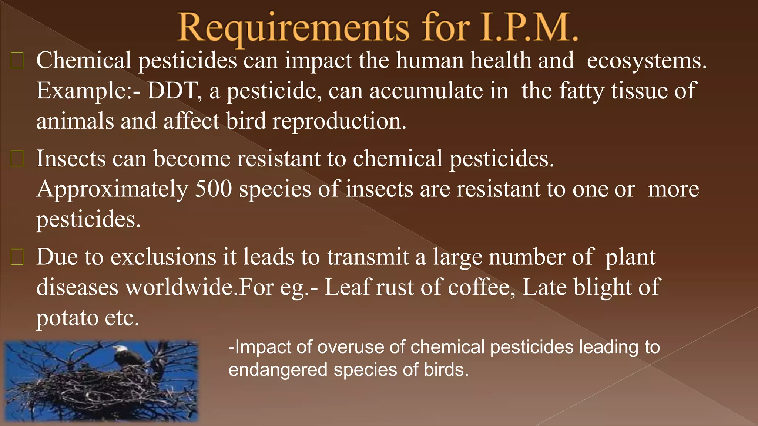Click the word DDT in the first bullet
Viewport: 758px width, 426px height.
(172, 91)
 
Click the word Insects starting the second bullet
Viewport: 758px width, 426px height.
(71, 159)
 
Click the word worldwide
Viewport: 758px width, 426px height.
(182, 287)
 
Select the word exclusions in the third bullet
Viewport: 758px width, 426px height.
(163, 257)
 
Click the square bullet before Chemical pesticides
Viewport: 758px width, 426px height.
(17, 61)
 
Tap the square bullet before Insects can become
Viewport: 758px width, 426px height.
(17, 159)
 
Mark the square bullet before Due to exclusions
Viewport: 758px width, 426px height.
(17, 257)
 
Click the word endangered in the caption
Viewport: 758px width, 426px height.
(278, 370)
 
